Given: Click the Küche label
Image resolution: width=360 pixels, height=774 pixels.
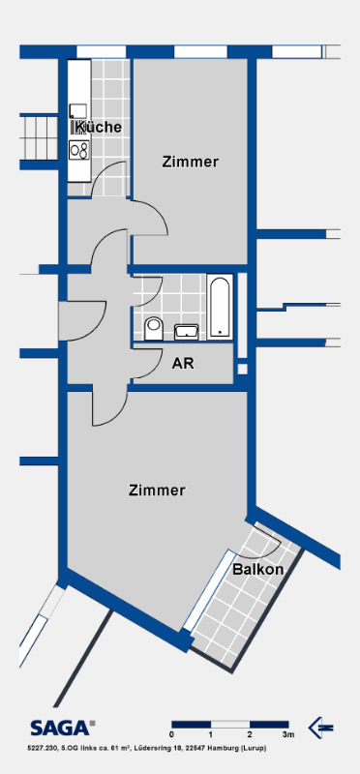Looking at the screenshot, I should (x=97, y=127).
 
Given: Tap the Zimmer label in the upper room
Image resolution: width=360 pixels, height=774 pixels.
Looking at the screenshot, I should (x=191, y=162).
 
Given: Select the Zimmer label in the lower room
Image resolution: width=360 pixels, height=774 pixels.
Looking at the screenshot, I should (x=157, y=491).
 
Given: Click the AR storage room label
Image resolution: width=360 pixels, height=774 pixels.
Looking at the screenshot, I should (x=183, y=364).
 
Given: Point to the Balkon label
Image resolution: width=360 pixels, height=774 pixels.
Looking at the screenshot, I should (x=257, y=570).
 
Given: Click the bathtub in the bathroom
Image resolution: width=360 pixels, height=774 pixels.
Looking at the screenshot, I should (x=221, y=307).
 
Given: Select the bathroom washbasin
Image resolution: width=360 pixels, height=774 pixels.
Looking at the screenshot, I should (x=186, y=332).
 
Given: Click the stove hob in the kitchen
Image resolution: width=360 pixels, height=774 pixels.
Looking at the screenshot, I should (x=78, y=150).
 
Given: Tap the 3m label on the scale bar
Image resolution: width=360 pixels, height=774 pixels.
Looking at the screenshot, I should (x=288, y=736).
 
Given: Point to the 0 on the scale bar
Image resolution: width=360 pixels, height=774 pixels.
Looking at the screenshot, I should (x=171, y=736).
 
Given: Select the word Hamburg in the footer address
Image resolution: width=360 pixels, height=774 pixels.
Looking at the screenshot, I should (x=242, y=749).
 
